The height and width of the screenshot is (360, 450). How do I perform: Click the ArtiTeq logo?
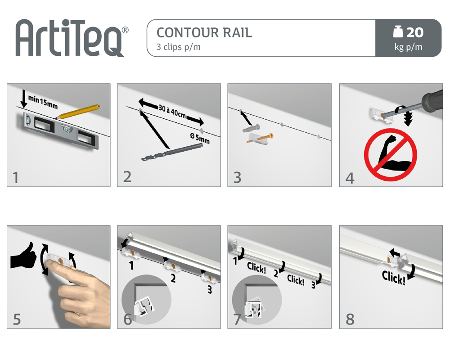point(72,38)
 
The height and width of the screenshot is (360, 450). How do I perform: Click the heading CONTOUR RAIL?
point(204,33)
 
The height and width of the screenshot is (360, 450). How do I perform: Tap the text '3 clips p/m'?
point(178,47)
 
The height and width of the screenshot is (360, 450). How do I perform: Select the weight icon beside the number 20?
point(398,31)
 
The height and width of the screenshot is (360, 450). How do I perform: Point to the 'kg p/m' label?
point(408,47)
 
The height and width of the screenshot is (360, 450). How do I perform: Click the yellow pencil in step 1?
point(77,112)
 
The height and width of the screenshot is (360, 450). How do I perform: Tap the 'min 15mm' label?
point(43,102)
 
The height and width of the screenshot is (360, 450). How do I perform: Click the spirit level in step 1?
point(61,130)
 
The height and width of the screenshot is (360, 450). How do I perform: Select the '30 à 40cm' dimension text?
point(172,111)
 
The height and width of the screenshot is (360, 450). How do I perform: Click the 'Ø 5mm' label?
point(200,138)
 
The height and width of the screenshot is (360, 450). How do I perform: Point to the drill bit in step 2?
point(172,152)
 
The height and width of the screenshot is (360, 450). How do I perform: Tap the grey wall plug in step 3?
point(252,128)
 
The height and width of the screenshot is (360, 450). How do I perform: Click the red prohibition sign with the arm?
point(390,155)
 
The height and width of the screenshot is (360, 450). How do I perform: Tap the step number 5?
point(17,319)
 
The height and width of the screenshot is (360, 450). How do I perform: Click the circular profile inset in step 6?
point(146,300)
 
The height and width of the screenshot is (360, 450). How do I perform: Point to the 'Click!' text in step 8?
point(393,278)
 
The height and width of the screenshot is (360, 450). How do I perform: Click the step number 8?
point(350,319)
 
